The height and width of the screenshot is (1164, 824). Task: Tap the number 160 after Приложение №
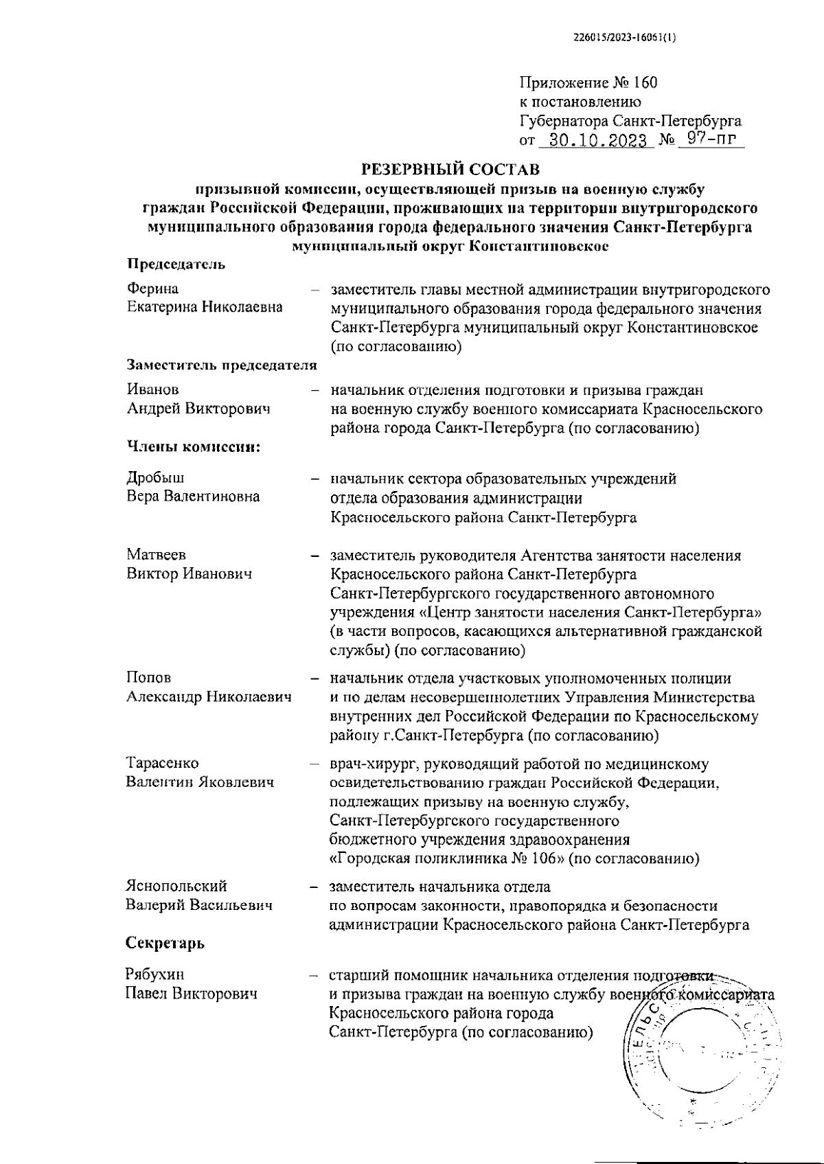[645, 84]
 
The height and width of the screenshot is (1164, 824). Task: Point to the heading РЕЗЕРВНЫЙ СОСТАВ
[450, 168]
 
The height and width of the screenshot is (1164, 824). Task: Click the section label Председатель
[176, 264]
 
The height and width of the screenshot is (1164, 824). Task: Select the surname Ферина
[152, 288]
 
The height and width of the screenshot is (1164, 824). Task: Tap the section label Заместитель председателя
[222, 365]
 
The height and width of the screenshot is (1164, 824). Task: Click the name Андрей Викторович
[198, 409]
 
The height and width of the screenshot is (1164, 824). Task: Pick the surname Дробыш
[155, 477]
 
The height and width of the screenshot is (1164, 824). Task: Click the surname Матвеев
[156, 554]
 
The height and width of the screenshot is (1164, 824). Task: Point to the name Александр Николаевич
[209, 697]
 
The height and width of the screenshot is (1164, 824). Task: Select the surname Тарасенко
[163, 763]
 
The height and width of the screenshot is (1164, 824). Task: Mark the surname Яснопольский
[176, 887]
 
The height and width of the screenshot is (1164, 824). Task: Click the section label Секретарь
[165, 944]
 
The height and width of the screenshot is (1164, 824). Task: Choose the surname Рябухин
[155, 974]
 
